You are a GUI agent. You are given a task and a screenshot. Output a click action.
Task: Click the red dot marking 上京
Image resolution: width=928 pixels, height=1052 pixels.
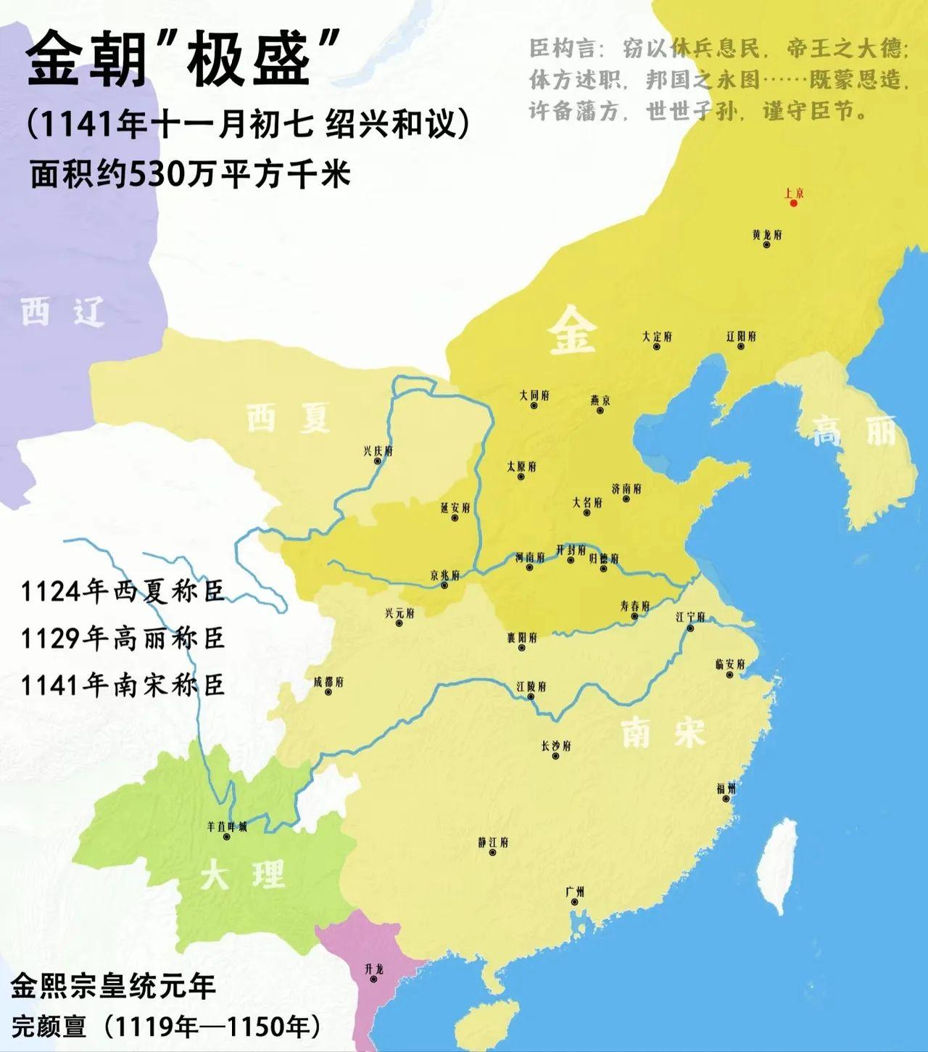click(794, 204)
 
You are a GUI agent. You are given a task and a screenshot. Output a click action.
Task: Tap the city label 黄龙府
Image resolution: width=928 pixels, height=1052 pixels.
click(766, 235)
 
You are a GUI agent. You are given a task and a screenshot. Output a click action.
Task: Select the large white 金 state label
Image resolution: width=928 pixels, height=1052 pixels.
click(573, 329)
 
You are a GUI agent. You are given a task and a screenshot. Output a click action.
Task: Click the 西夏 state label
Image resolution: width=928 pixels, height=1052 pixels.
click(289, 418)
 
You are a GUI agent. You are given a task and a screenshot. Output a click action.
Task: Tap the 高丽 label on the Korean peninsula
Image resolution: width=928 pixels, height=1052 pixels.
click(853, 432)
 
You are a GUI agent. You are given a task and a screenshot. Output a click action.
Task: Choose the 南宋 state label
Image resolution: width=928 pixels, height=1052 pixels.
click(663, 733)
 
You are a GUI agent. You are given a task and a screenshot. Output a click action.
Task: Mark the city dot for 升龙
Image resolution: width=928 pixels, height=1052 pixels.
click(373, 979)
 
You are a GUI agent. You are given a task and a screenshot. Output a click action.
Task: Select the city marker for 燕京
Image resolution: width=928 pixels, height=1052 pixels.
click(600, 411)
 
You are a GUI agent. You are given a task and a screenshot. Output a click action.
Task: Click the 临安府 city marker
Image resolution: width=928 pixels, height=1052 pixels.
click(730, 675)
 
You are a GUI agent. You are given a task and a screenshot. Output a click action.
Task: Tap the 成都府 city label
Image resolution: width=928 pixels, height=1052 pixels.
click(328, 682)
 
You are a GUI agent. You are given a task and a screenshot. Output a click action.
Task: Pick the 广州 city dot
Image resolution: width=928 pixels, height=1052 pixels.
click(574, 903)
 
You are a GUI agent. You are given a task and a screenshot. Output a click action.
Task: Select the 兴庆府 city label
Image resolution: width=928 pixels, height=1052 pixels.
click(377, 451)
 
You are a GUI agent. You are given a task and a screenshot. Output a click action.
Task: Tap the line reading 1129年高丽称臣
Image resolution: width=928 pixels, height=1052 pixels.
click(123, 638)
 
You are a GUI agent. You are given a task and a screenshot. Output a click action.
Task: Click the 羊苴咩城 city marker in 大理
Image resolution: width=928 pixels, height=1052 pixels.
click(227, 837)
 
